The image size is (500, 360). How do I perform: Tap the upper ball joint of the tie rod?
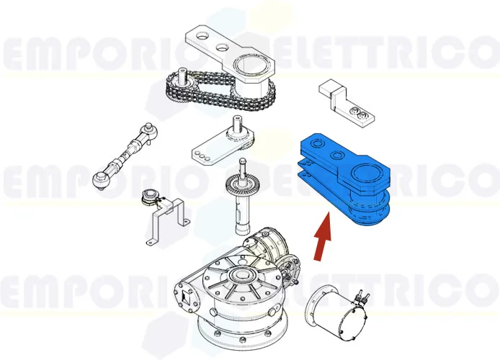click(x=148, y=130)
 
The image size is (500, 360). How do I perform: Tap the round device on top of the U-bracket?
click(x=151, y=197)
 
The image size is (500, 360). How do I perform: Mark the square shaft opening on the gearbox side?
click(x=187, y=294)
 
